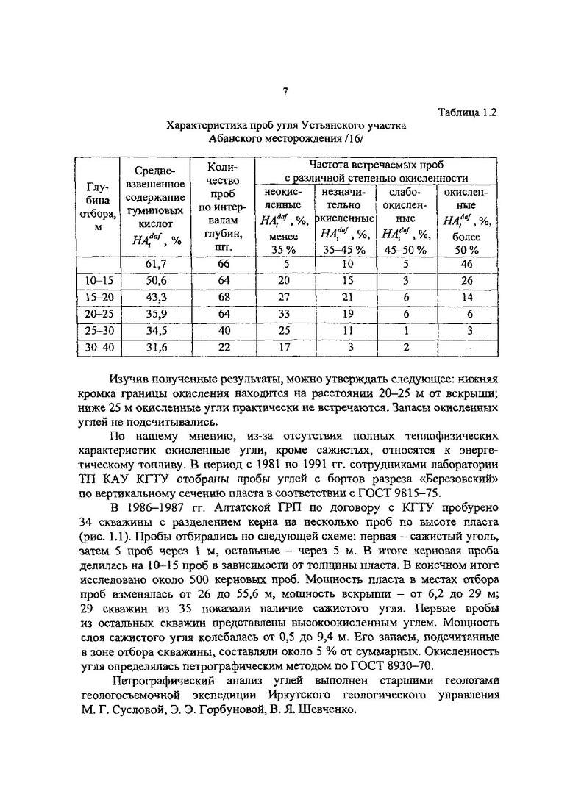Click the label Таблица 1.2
pos(468,113)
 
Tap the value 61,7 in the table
pos(154,264)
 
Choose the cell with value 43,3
pos(154,297)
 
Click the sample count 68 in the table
pos(223,297)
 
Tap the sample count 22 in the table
pos(223,348)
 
